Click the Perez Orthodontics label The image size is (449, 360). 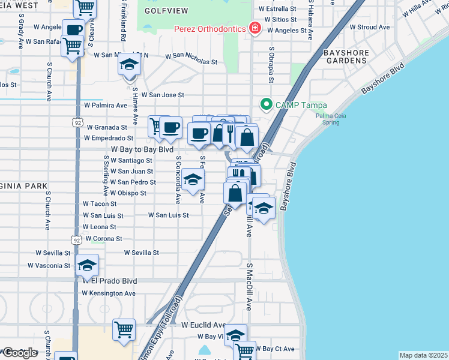(209, 29)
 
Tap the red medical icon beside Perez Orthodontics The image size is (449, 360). (255, 28)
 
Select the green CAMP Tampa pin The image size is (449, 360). (267, 104)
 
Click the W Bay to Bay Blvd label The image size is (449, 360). (142, 149)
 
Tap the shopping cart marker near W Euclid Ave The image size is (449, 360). (124, 329)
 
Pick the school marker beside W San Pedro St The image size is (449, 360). (193, 179)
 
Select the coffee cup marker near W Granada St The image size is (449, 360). (170, 127)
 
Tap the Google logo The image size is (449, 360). (20, 353)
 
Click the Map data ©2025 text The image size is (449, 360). (423, 355)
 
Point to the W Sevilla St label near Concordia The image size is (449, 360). (142, 253)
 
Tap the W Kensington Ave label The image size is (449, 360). (109, 293)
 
